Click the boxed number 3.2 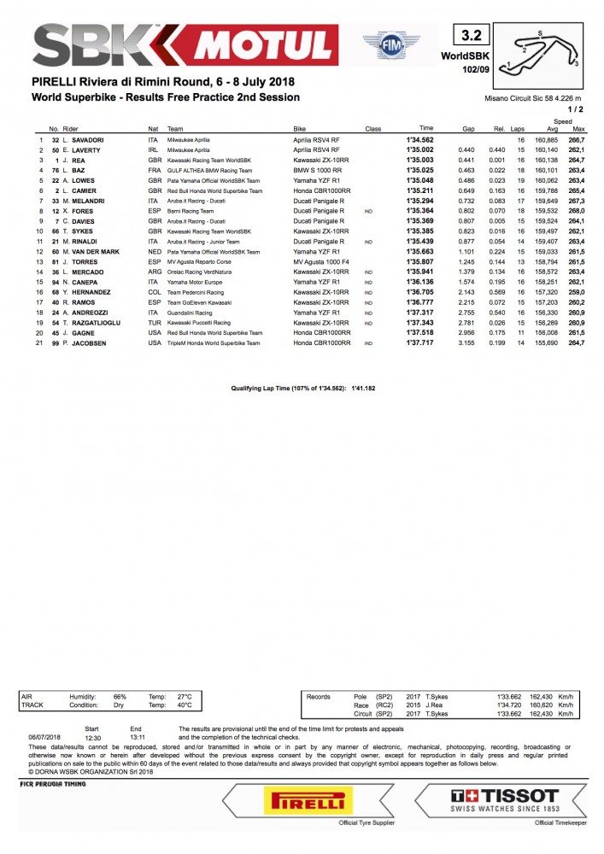pos(472,35)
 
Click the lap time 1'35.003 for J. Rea pos(419,160)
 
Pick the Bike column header pos(300,129)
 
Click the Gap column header pos(468,129)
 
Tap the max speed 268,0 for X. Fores pos(577,209)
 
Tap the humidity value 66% pos(120,696)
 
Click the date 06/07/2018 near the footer pos(44,736)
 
